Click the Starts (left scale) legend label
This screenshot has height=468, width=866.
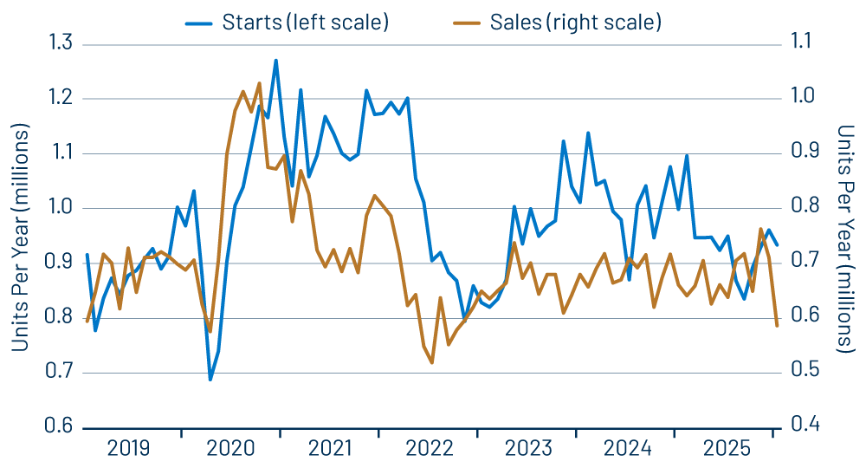click(304, 23)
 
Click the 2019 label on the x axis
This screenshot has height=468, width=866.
click(129, 449)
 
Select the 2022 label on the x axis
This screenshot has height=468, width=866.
click(430, 449)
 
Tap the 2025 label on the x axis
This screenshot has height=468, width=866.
click(728, 449)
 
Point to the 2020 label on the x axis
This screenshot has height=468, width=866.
click(230, 449)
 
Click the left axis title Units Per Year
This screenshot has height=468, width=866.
click(21, 237)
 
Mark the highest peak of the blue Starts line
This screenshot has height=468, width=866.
click(275, 61)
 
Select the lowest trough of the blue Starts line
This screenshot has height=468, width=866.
click(210, 380)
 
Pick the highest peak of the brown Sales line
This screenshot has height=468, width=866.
click(259, 83)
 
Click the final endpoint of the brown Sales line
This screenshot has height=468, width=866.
click(777, 326)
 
